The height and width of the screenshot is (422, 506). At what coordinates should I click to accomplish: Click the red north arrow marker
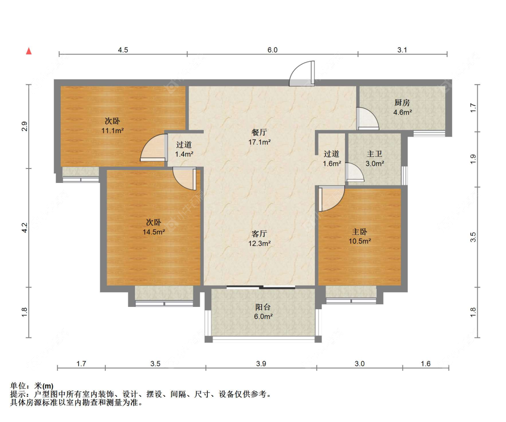pyautogui.click(x=29, y=51)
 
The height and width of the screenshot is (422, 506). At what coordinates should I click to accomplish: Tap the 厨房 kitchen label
pyautogui.click(x=402, y=102)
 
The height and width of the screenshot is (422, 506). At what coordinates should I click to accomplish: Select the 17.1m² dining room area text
pyautogui.click(x=259, y=142)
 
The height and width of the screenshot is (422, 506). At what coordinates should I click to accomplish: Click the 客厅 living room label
pyautogui.click(x=259, y=233)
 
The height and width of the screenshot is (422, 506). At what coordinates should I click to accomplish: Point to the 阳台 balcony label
pyautogui.click(x=263, y=307)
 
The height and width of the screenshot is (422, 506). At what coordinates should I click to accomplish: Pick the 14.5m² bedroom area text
pyautogui.click(x=154, y=232)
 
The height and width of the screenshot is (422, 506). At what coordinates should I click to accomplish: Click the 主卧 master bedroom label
pyautogui.click(x=359, y=231)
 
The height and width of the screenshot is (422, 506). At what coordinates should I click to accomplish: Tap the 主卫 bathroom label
pyautogui.click(x=375, y=154)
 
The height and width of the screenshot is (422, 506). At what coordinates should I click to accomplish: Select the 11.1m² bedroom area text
pyautogui.click(x=112, y=131)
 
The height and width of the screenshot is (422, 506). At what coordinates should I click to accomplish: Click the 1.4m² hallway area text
pyautogui.click(x=184, y=154)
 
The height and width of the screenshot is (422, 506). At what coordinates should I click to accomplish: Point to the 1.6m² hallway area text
pyautogui.click(x=332, y=164)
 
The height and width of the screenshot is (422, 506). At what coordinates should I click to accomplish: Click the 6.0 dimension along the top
pyautogui.click(x=273, y=50)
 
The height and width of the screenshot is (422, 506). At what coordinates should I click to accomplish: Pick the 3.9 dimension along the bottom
pyautogui.click(x=261, y=364)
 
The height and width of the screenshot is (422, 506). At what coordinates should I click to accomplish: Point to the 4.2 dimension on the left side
pyautogui.click(x=25, y=227)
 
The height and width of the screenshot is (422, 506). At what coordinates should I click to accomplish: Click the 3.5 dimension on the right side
pyautogui.click(x=473, y=237)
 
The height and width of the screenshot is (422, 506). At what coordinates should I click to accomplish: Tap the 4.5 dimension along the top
pyautogui.click(x=123, y=50)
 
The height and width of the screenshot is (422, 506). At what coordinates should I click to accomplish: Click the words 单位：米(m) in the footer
pyautogui.click(x=31, y=386)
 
